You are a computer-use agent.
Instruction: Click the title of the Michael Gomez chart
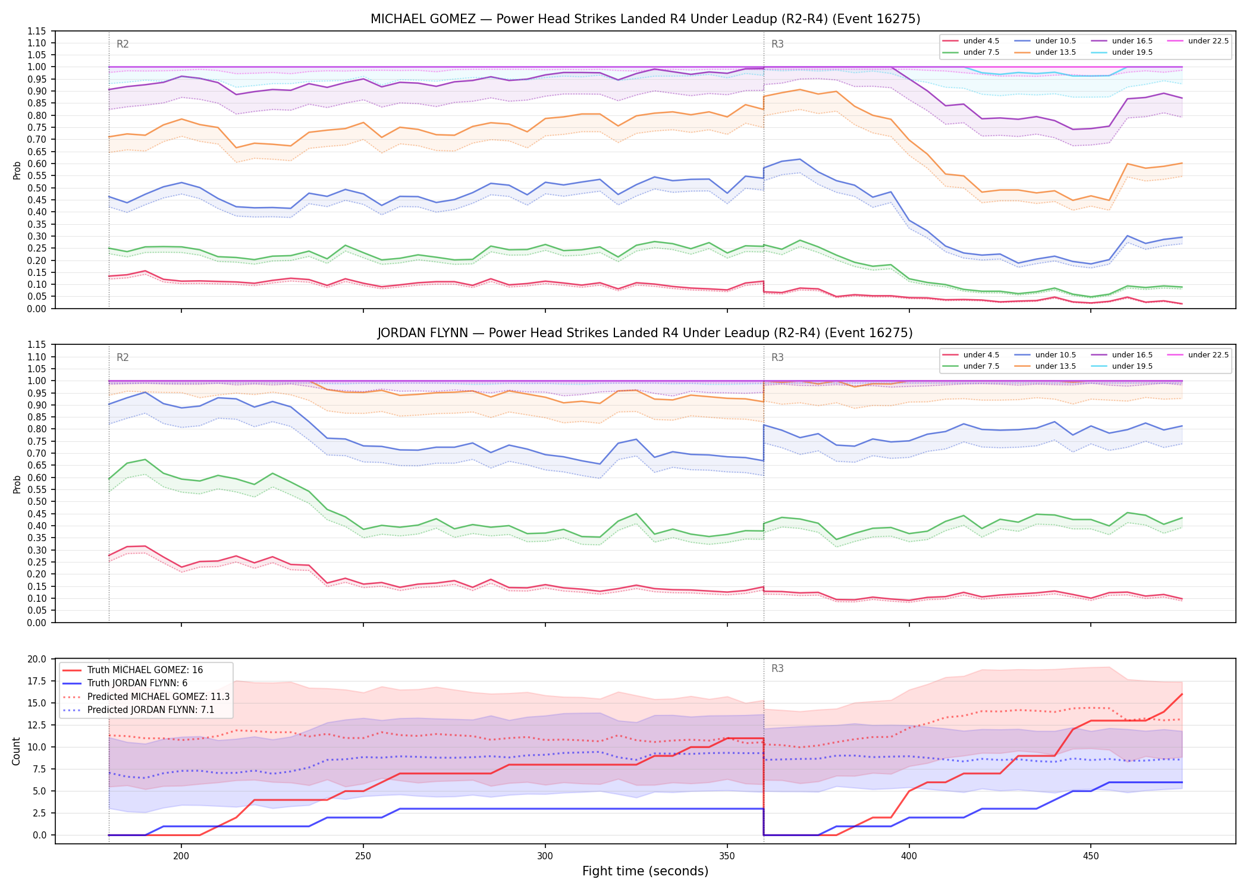pyautogui.click(x=645, y=19)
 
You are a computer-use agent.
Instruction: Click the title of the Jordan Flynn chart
pyautogui.click(x=645, y=333)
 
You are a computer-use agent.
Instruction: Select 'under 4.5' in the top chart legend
pyautogui.click(x=981, y=41)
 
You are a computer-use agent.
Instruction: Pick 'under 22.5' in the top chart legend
pyautogui.click(x=1208, y=41)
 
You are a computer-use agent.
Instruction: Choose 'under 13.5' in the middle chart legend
pyautogui.click(x=1055, y=366)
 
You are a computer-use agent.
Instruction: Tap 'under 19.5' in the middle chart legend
pyautogui.click(x=1132, y=366)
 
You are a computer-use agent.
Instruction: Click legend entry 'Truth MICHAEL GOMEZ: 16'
pyautogui.click(x=145, y=670)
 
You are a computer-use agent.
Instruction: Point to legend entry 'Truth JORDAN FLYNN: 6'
pyautogui.click(x=137, y=683)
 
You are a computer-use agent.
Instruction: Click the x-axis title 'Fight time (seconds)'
pyautogui.click(x=645, y=871)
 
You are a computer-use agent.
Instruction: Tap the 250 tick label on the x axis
pyautogui.click(x=363, y=857)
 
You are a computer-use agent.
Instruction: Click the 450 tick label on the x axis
pyautogui.click(x=1090, y=857)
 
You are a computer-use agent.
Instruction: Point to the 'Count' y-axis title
pyautogui.click(x=16, y=751)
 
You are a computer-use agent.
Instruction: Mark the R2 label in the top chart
pyautogui.click(x=123, y=44)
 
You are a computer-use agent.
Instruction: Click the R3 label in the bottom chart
pyautogui.click(x=777, y=668)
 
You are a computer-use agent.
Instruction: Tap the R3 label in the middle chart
pyautogui.click(x=777, y=357)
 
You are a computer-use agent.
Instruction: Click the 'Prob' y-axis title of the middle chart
pyautogui.click(x=17, y=484)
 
